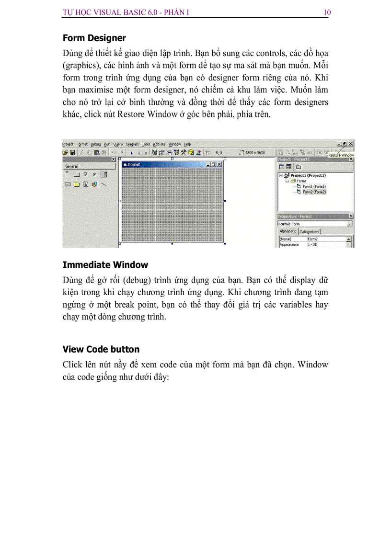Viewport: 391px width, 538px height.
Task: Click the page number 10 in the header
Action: point(327,12)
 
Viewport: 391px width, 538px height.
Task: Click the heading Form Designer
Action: point(94,38)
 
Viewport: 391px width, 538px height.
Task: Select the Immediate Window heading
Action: point(105,265)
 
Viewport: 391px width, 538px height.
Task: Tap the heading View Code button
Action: point(101,349)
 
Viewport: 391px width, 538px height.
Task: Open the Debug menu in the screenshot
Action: point(96,144)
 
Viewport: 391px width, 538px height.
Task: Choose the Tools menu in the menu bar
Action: point(146,144)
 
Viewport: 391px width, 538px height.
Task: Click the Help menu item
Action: point(187,144)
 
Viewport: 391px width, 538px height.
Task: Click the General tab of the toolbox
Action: point(72,166)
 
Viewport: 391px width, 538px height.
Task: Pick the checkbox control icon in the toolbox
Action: point(85,175)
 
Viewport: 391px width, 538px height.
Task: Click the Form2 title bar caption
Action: point(134,164)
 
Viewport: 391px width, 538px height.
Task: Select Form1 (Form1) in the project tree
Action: point(314,186)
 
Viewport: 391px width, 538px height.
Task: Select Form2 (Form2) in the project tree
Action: point(314,192)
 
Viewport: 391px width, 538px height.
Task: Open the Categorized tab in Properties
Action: point(309,232)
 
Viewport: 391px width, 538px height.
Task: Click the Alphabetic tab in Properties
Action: point(288,231)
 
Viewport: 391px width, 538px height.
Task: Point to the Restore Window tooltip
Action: point(341,155)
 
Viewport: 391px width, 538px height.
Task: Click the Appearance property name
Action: point(289,244)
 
